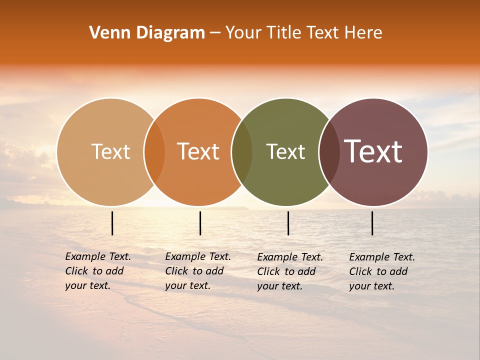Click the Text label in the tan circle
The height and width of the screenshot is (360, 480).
(x=110, y=151)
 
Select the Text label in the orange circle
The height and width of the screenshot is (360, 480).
(x=198, y=151)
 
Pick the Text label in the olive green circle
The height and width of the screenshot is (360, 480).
(x=285, y=151)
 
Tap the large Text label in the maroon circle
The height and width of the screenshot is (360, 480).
(x=373, y=151)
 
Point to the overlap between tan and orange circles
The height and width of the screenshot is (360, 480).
(x=154, y=151)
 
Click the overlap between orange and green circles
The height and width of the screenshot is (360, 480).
(x=242, y=151)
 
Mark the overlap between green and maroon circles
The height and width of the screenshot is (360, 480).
(x=329, y=151)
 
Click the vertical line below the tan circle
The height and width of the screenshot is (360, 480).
(x=112, y=223)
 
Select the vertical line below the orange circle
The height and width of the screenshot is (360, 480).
(x=200, y=223)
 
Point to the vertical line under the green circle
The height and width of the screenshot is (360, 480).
(x=288, y=223)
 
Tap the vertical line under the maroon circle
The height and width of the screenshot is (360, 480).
(x=372, y=223)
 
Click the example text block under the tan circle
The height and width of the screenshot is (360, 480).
(x=97, y=271)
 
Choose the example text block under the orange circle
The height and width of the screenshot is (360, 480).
(x=197, y=271)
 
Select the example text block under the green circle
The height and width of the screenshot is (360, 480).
(x=289, y=271)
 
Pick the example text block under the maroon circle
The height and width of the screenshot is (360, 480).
(x=381, y=271)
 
